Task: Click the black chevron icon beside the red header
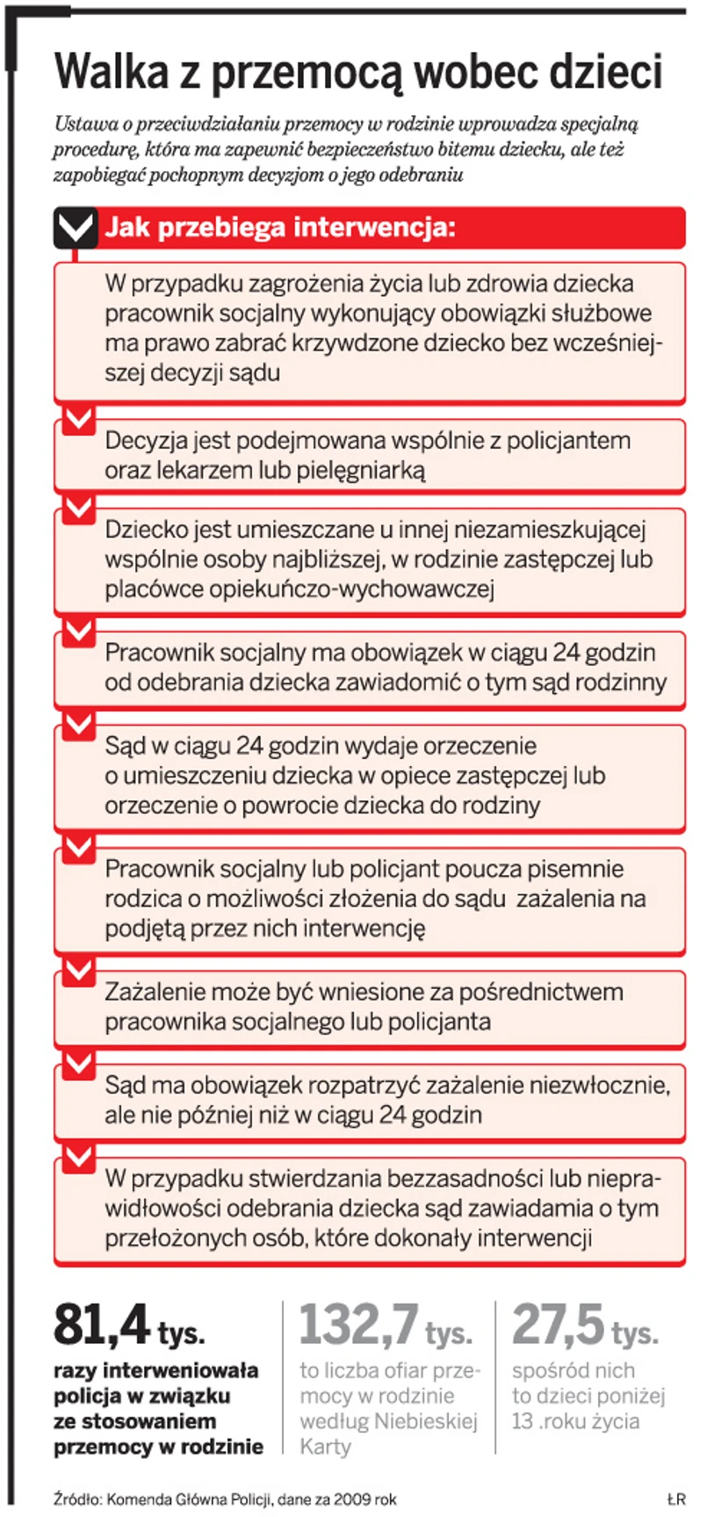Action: tap(76, 228)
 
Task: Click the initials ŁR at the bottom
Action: tap(675, 1499)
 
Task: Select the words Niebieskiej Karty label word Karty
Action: tap(325, 1447)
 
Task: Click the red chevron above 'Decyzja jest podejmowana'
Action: tap(79, 419)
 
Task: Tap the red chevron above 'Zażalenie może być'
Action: tap(79, 971)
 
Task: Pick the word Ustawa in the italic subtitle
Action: tap(82, 124)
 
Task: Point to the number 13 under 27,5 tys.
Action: tap(523, 1421)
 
